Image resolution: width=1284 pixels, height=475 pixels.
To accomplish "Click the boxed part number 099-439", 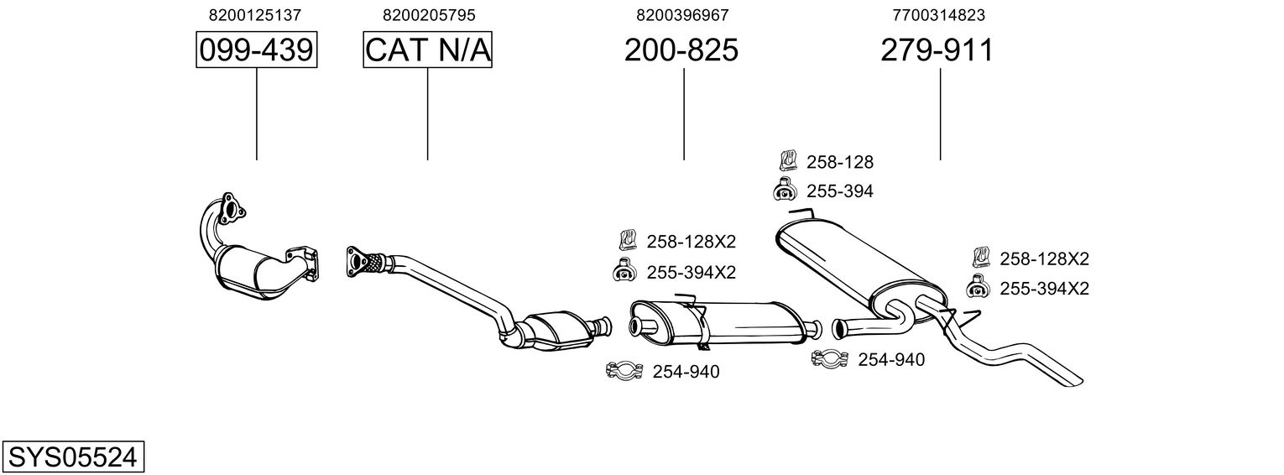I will [x=257, y=50].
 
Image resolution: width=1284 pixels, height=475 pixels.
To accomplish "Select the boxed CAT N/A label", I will [x=427, y=50].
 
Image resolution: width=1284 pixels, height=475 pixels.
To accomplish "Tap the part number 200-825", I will [x=681, y=50].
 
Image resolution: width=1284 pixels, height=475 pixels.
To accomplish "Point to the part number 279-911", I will [x=937, y=50].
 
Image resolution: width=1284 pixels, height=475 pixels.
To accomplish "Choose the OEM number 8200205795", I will [x=428, y=15].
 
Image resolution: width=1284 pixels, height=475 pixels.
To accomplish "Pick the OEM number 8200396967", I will [x=682, y=15].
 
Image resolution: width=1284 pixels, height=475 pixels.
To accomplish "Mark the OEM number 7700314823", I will [x=938, y=15].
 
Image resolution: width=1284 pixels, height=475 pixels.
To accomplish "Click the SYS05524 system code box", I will [x=72, y=457].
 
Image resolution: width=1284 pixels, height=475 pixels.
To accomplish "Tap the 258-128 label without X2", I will [x=840, y=163].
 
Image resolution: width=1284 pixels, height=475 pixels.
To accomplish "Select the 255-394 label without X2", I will [x=840, y=191].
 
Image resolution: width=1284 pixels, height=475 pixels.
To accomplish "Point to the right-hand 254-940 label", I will [x=890, y=360].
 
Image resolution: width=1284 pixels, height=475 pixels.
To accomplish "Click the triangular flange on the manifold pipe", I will [x=227, y=209].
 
